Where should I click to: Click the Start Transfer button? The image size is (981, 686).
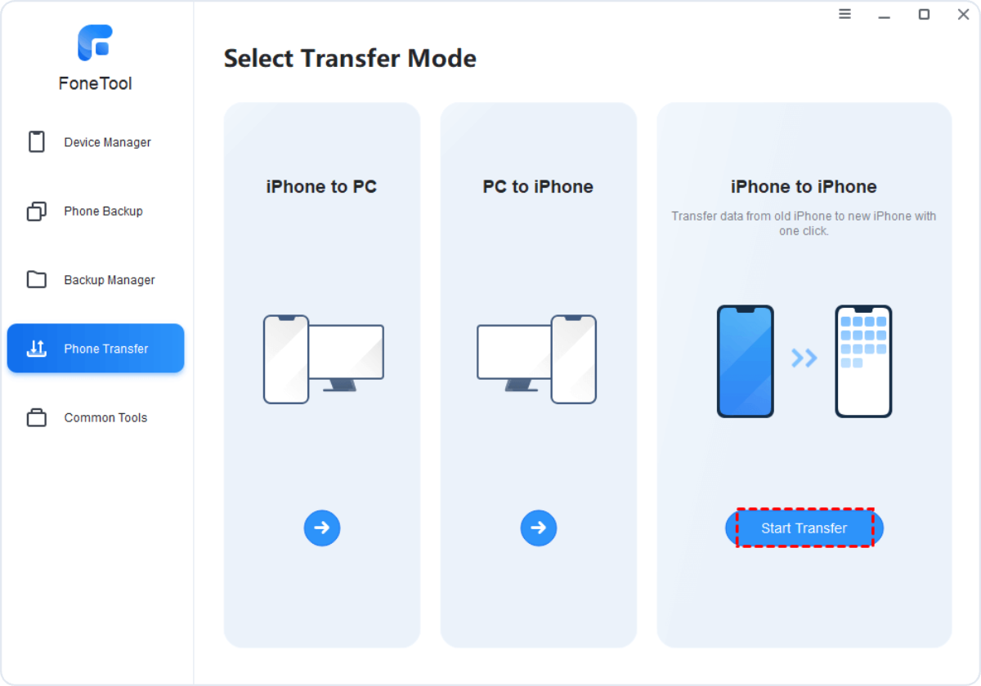click(804, 528)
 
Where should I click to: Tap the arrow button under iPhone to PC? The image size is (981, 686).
click(322, 528)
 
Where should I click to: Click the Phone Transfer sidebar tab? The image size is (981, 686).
click(96, 348)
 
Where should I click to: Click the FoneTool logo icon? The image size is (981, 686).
click(95, 42)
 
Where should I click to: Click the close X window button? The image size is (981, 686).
click(963, 15)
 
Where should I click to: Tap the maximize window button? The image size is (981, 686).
click(924, 15)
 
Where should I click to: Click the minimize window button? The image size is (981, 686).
click(885, 17)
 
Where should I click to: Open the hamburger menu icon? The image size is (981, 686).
click(844, 14)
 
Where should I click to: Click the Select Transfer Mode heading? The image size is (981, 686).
click(350, 58)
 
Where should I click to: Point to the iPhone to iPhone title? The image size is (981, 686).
click(804, 187)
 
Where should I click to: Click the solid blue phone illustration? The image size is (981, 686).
click(745, 361)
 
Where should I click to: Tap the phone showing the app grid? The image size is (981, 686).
click(863, 361)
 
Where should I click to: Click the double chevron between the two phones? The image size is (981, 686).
click(804, 359)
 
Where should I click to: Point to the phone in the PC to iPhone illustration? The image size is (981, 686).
click(573, 359)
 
